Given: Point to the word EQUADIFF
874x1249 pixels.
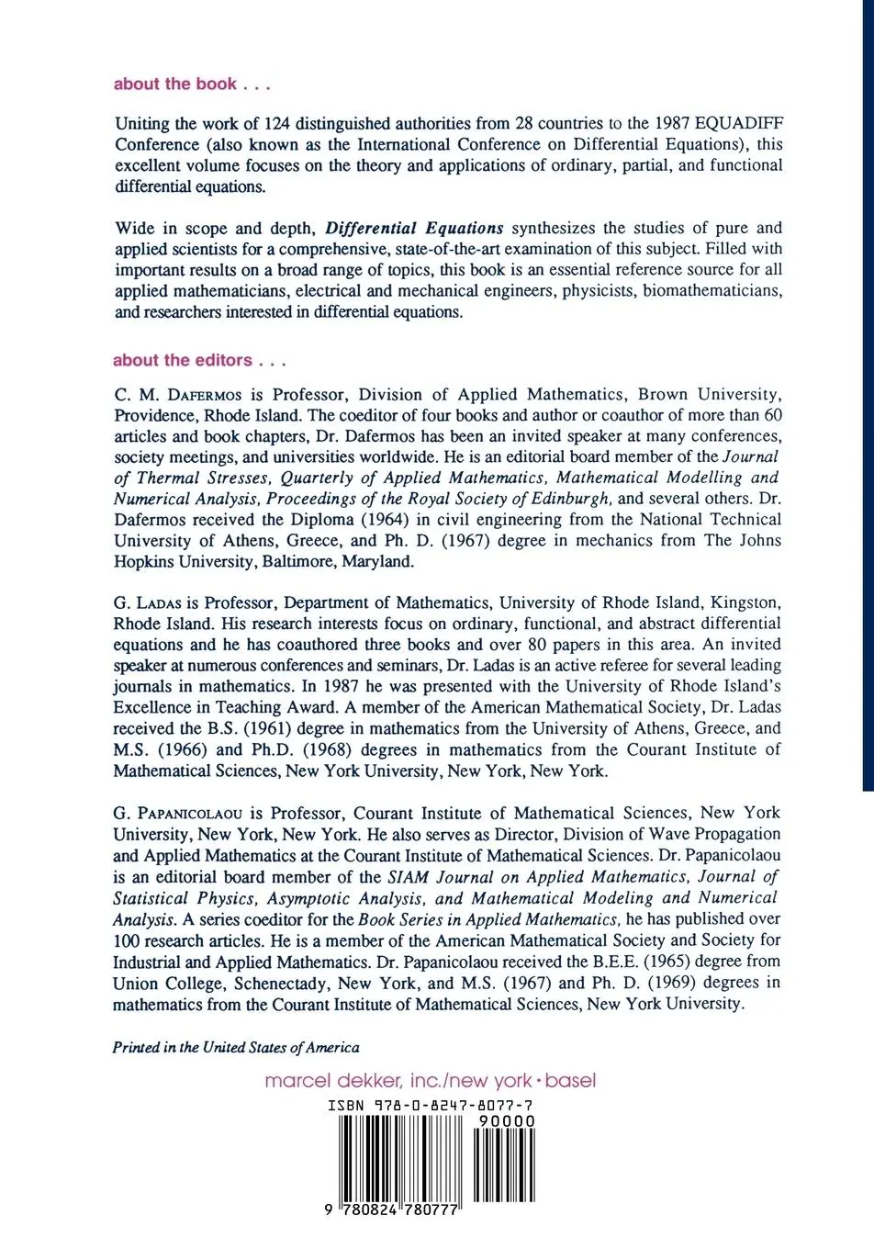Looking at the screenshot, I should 739,124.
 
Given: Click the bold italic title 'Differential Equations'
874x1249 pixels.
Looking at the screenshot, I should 415,229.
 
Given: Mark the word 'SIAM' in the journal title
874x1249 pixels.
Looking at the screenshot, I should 408,877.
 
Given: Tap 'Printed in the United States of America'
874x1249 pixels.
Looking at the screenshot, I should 236,1048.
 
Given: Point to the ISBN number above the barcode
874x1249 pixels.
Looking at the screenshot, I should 431,1107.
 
